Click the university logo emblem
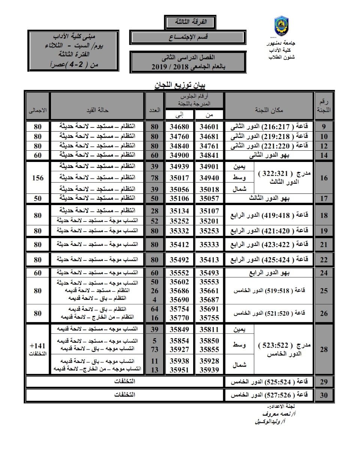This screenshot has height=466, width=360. click(x=281, y=26)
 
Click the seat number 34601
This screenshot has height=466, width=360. click(x=209, y=127)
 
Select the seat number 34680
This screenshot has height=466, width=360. click(x=179, y=127)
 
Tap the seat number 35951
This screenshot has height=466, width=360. click(x=179, y=370)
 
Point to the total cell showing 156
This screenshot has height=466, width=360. click(x=38, y=178)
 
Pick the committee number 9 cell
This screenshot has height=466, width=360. click(x=324, y=127)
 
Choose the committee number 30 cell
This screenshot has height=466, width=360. click(x=324, y=395)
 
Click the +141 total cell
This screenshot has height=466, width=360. click(x=38, y=349)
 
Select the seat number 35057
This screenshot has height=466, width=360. click(x=209, y=198)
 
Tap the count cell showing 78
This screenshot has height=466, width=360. click(x=154, y=178)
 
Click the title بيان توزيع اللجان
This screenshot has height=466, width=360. click(x=180, y=85)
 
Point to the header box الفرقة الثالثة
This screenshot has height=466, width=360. click(x=190, y=22)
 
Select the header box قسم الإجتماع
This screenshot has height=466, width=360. click(x=188, y=37)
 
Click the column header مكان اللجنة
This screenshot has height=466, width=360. click(x=269, y=110)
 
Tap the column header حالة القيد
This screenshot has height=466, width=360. click(x=97, y=110)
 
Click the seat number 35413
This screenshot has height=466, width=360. click(x=209, y=259)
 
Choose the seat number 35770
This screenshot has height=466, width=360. click(x=179, y=318)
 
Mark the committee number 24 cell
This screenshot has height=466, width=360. click(x=324, y=273)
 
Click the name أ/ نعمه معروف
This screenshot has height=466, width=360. click(x=279, y=414)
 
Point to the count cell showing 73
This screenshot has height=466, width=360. click(x=154, y=349)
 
